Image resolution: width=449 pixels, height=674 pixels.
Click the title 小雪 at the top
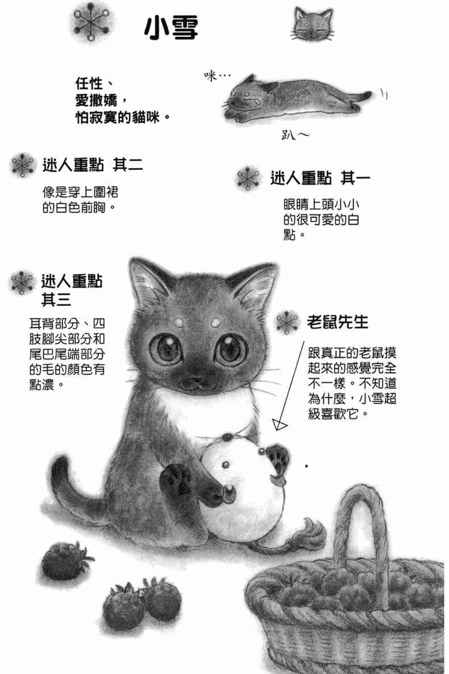coord(171,28)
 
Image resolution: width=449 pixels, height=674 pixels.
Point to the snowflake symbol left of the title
coord(91,22)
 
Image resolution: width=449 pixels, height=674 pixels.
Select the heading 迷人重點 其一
coord(320,178)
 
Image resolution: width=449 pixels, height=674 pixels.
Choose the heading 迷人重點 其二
coord(93,165)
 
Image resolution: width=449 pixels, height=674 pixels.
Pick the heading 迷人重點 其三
coord(72,290)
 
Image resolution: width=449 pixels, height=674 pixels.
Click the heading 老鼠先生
coord(338,321)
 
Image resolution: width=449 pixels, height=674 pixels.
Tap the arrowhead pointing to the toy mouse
coord(280,425)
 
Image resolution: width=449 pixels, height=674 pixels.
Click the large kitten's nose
coord(196,379)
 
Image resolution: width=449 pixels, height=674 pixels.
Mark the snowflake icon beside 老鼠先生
coord(287,323)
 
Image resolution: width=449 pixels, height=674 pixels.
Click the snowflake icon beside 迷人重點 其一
coord(248,178)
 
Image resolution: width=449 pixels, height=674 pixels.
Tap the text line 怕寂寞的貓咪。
coord(123,117)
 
